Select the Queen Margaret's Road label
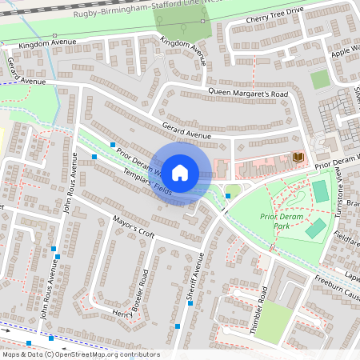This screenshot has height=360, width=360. (x=247, y=93)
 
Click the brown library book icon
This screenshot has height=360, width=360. (x=298, y=157)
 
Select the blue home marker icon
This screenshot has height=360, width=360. (x=180, y=172)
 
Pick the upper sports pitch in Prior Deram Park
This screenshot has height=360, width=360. (x=320, y=191)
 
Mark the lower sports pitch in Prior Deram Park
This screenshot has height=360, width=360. (x=315, y=229)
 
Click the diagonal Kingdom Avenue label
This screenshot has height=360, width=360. (x=182, y=50)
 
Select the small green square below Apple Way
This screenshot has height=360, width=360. (x=320, y=79)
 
